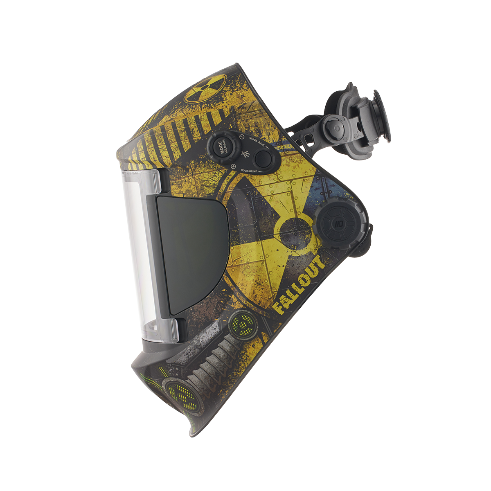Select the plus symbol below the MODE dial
[x=233, y=166]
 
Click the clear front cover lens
[x=139, y=254]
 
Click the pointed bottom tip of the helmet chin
[x=192, y=434]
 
